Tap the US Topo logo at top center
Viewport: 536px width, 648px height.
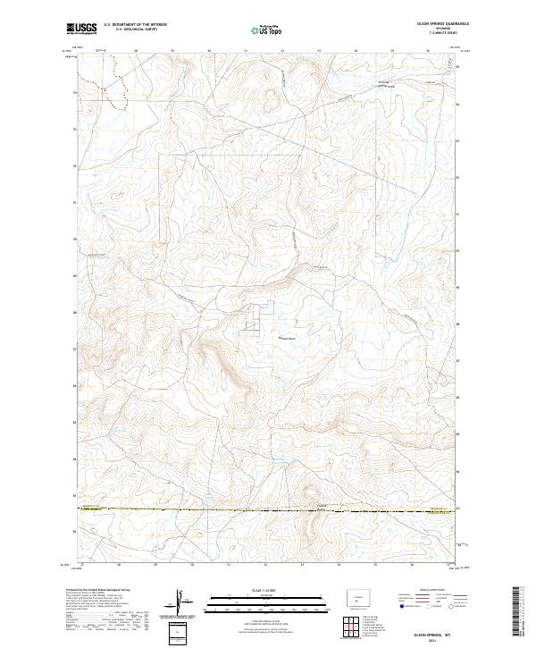coord(267,29)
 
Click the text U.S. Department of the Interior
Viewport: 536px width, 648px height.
coord(135,24)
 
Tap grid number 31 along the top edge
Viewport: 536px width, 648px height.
coord(245,52)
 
